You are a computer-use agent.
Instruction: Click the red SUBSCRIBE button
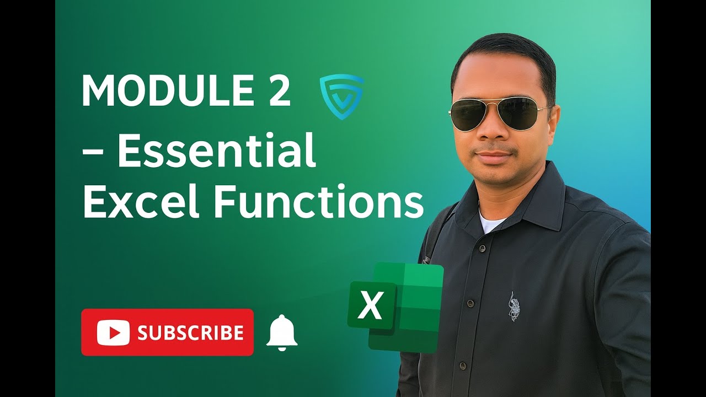pos(167,332)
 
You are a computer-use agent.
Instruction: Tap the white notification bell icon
pos(282,332)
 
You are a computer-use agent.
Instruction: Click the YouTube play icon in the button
pos(113,332)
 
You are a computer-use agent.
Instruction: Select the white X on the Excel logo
pos(371,306)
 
